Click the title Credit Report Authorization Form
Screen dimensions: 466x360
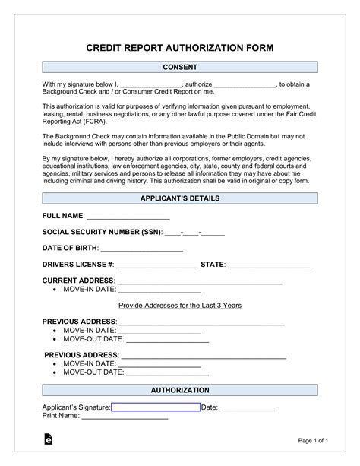tap(179, 47)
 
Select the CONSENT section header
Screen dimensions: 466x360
tap(179, 68)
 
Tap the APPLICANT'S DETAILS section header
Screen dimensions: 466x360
tap(179, 198)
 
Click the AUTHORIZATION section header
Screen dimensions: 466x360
tap(179, 390)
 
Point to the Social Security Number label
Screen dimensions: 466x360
tap(101, 233)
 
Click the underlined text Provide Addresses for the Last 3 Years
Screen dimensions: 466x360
tap(180, 305)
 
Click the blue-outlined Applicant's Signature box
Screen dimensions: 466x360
tap(155, 407)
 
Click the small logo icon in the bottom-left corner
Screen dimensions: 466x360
tap(48, 440)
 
